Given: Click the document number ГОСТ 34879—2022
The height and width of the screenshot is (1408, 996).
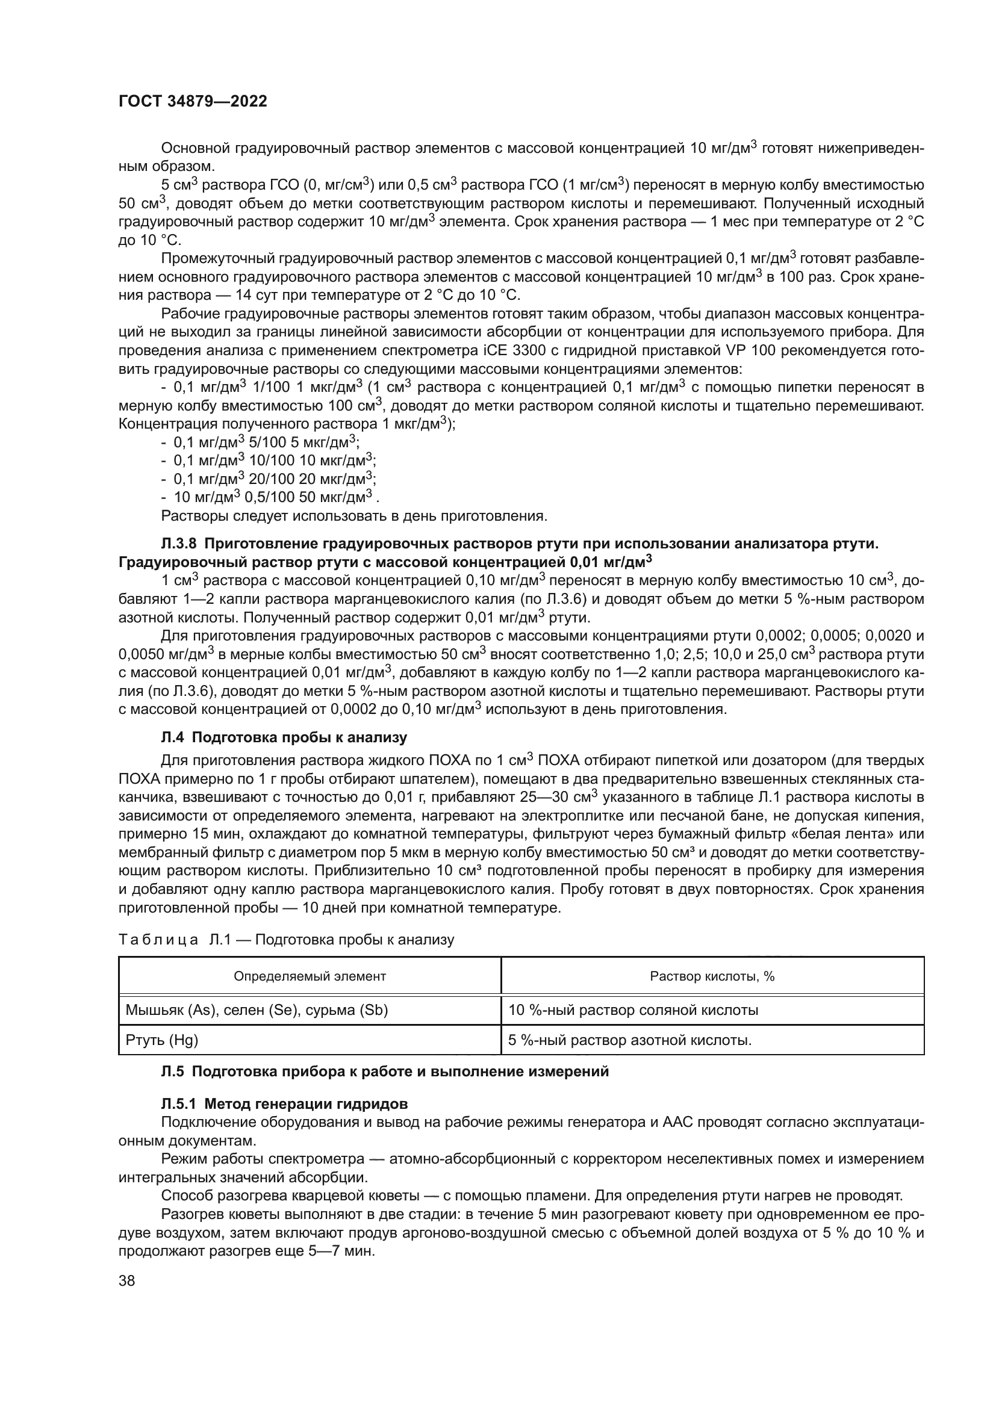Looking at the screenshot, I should click(193, 102).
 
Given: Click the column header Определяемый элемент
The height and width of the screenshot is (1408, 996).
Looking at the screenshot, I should click(310, 976).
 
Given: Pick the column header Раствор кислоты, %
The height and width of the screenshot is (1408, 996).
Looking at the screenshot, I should click(712, 976).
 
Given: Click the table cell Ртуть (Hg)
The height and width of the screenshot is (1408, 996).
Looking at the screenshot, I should click(162, 1040).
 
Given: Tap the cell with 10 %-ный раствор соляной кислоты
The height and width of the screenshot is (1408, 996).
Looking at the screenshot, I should click(633, 1010).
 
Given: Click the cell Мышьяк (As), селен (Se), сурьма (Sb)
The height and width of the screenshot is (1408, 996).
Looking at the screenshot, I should click(257, 1010).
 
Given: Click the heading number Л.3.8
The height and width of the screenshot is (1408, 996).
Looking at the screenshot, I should click(178, 544).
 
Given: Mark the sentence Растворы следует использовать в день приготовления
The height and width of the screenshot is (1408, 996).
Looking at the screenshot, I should click(353, 516).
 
